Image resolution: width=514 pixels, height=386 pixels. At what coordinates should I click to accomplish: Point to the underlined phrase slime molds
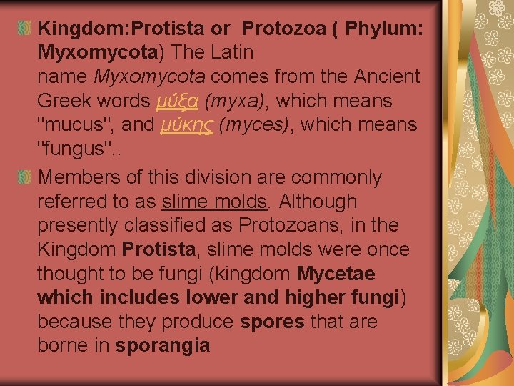215,202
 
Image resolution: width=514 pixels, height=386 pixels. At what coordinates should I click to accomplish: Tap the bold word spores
273,322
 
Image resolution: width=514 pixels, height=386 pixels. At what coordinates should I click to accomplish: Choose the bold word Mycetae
336,274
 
